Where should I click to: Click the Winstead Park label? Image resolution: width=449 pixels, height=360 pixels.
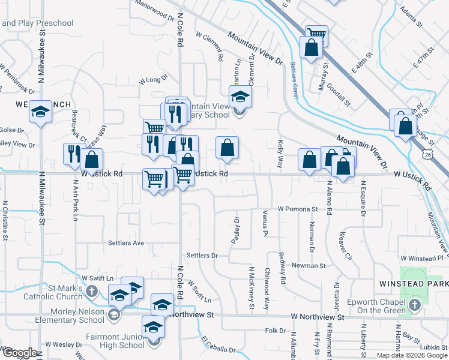414,283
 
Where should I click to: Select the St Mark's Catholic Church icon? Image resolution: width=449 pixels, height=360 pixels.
91,291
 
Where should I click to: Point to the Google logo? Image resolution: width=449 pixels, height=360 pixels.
19,353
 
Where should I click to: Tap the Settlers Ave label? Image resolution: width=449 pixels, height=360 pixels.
126,243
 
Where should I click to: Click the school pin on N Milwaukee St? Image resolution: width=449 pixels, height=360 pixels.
41,112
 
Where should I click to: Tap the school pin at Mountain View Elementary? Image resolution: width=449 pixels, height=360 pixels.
240,97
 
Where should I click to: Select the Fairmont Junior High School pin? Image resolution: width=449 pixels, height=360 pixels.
154,328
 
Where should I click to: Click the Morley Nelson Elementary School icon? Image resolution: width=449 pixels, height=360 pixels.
113,314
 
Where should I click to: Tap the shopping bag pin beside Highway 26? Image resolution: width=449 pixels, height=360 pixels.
406,125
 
